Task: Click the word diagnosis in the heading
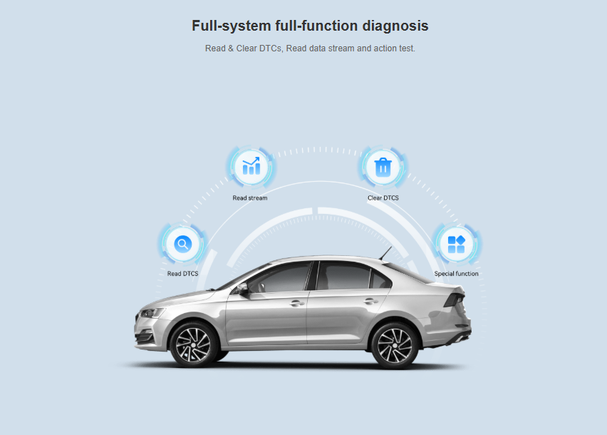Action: click(395, 26)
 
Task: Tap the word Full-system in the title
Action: click(232, 26)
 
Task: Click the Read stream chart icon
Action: click(251, 167)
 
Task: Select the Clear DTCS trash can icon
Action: click(383, 168)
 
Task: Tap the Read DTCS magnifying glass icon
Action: click(182, 244)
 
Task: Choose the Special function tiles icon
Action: click(457, 245)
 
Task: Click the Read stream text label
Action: click(249, 198)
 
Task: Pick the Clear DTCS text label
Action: click(383, 198)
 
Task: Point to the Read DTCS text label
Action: click(182, 273)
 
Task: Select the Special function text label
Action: click(456, 273)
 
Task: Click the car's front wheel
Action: click(194, 344)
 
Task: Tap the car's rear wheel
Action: click(395, 344)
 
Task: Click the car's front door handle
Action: click(297, 303)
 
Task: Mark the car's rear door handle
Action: click(370, 301)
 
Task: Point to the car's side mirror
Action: click(242, 288)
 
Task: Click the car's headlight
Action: click(152, 312)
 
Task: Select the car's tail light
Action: click(454, 300)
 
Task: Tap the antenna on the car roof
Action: click(385, 253)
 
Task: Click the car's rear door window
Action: click(344, 275)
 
